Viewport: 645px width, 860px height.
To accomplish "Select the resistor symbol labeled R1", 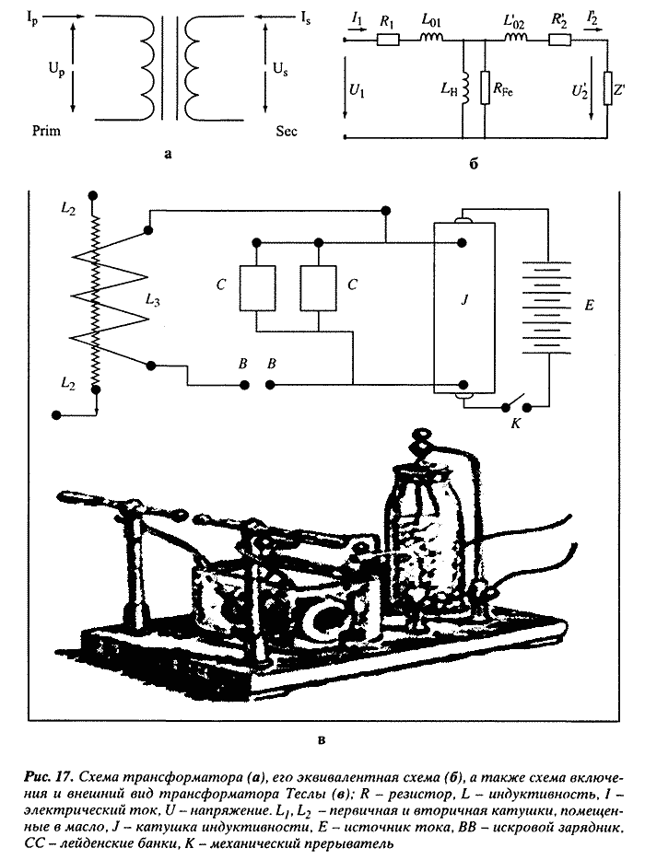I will [387, 41].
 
